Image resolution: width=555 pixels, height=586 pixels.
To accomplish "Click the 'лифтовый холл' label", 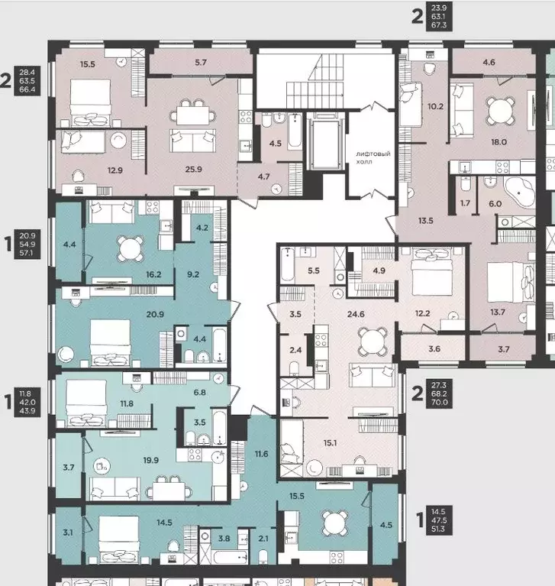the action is point(373,157).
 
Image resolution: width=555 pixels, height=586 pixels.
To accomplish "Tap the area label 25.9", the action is point(193,170).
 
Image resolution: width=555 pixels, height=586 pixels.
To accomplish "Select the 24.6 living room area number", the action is point(356,314).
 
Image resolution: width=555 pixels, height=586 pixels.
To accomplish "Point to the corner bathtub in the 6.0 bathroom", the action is point(519,191).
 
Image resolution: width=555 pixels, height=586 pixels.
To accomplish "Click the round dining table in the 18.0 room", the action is point(500,110).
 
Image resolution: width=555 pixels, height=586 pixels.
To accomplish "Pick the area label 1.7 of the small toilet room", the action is point(465,203).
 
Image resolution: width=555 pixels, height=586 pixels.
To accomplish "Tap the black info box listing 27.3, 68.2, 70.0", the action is point(439,393).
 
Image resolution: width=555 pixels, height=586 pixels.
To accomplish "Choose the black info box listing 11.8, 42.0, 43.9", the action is point(27,402).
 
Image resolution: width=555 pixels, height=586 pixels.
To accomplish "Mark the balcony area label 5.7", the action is point(201,63).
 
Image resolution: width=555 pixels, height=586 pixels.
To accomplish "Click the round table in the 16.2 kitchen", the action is point(130,248).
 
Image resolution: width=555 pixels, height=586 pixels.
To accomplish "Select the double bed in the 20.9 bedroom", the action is point(111,342).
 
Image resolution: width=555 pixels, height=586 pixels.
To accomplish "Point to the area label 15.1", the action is point(330,443).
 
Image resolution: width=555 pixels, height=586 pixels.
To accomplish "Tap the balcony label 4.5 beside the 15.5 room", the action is point(386,525).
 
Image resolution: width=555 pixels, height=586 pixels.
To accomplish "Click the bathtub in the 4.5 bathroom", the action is point(295,131).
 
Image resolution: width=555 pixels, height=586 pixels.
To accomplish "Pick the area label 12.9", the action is point(115,170).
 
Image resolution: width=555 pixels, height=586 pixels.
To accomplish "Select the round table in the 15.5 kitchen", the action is point(335,523).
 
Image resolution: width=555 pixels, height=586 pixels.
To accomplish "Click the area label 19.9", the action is point(151,460).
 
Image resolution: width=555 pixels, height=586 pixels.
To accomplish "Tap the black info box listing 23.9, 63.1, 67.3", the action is point(439,16).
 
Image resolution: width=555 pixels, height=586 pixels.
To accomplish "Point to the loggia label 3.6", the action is point(434,348).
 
